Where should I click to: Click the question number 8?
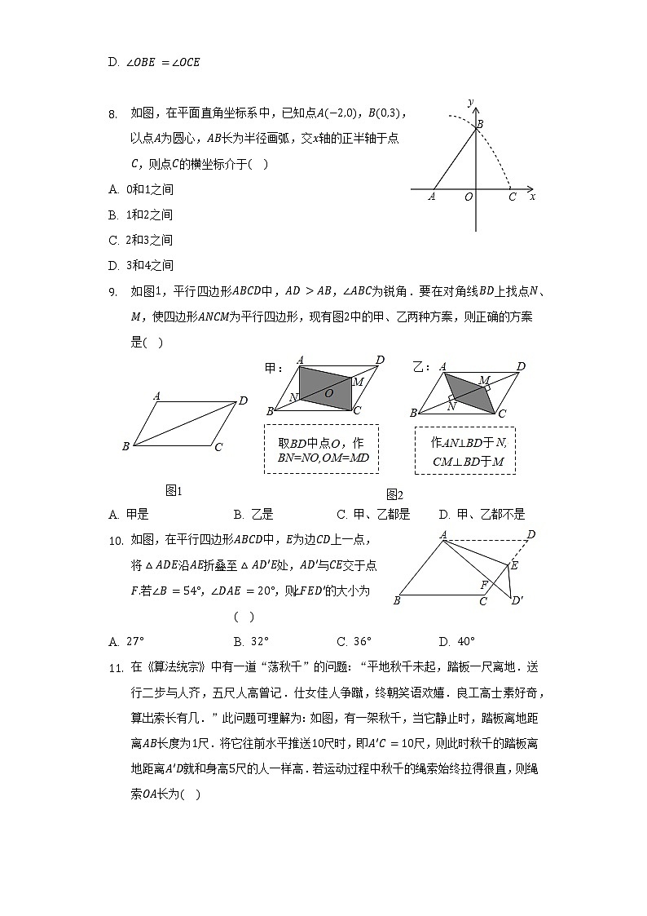point(113,114)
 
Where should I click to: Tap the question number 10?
point(115,540)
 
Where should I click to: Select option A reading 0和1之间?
point(141,189)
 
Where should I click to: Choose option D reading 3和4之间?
point(141,265)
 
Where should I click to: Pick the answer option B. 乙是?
point(253,514)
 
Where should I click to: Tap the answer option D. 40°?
point(456,641)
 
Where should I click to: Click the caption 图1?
point(174,490)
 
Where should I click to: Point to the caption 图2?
point(394,494)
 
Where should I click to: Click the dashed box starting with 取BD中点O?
point(321,449)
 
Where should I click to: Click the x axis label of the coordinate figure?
point(532,197)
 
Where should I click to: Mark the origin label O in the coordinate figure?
point(468,197)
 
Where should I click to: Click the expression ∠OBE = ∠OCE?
point(163,62)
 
